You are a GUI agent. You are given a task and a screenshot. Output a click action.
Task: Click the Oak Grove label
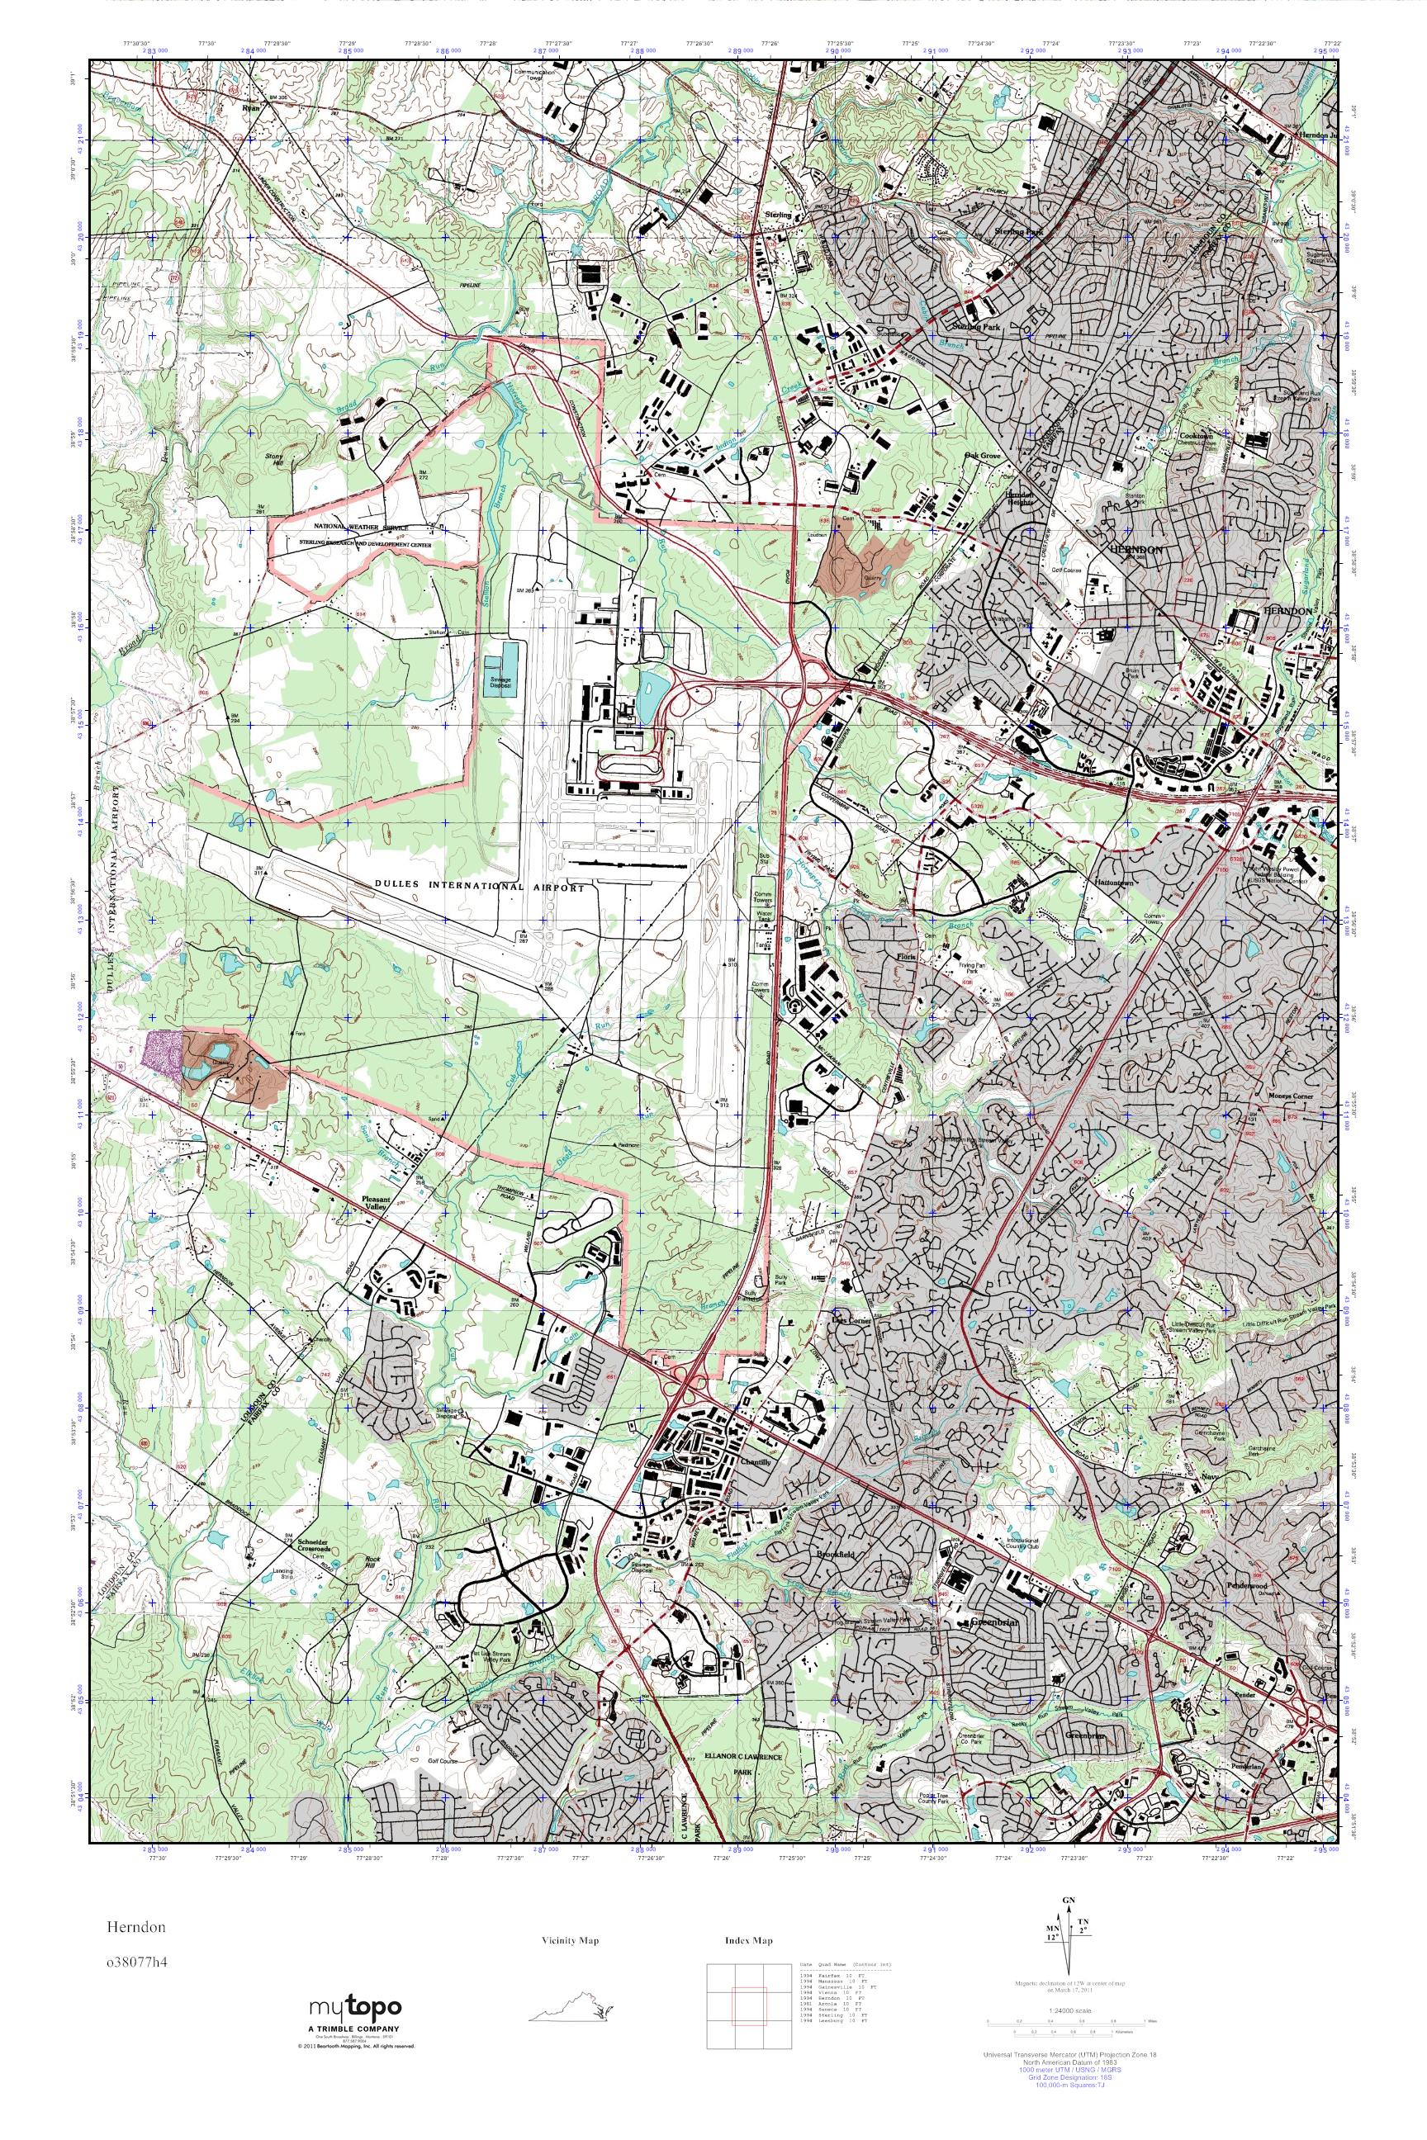983,455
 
